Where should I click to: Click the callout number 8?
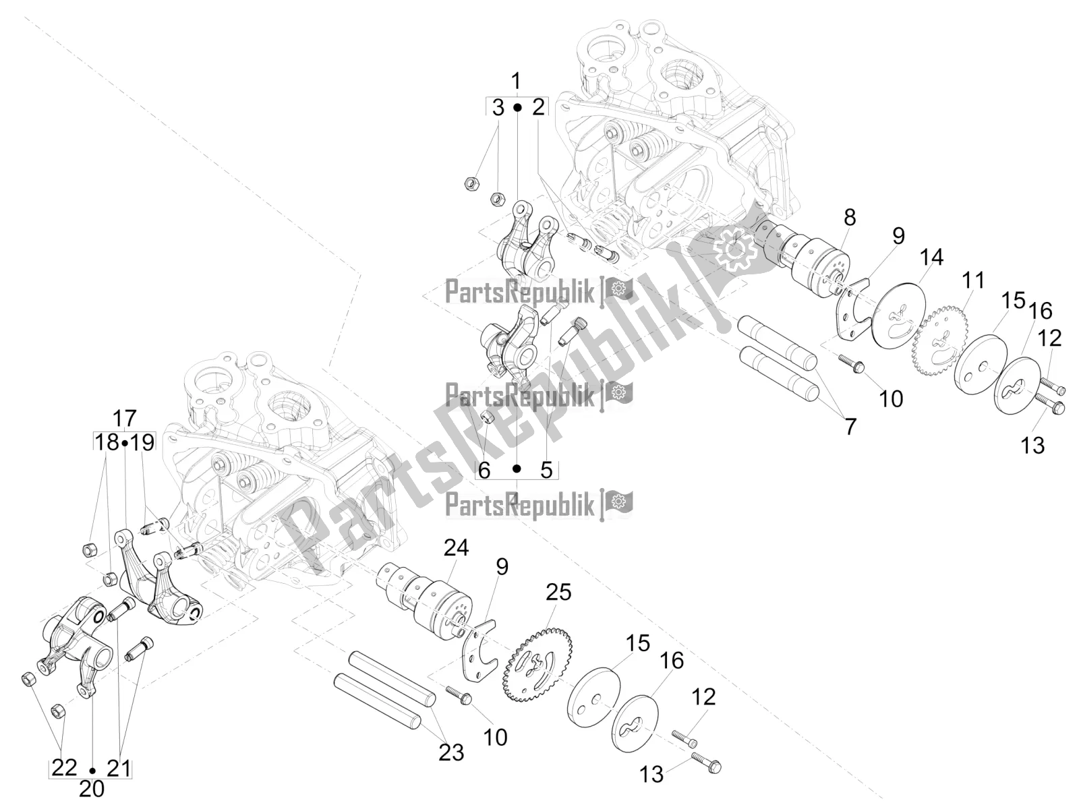coord(850,217)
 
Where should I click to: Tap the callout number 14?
coord(931,258)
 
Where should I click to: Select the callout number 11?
coord(973,280)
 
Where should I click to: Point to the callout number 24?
coord(456,547)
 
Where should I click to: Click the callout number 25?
coord(558,593)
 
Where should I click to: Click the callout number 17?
coord(124,419)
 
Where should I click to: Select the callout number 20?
coord(92,789)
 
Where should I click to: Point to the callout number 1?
coord(516,81)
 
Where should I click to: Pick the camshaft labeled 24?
coord(423,601)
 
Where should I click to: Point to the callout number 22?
coord(64,767)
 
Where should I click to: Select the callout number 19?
coord(142,442)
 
